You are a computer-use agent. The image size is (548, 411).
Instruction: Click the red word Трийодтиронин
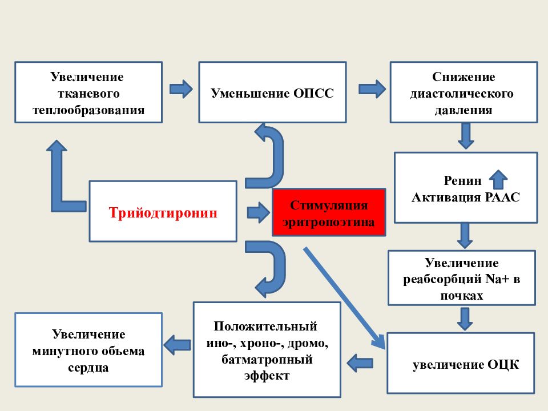click(163, 212)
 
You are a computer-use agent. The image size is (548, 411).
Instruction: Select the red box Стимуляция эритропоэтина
click(329, 212)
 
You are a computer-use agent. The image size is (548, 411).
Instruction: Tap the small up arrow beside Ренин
click(498, 180)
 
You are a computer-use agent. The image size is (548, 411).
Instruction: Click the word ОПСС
click(313, 93)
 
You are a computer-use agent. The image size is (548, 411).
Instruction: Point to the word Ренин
click(462, 180)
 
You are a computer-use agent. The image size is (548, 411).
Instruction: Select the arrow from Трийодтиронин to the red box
click(259, 212)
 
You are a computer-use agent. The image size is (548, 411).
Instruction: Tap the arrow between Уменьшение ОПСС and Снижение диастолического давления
click(372, 89)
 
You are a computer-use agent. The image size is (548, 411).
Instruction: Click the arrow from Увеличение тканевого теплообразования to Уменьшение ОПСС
click(181, 89)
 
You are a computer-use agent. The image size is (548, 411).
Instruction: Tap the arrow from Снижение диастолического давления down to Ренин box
click(466, 136)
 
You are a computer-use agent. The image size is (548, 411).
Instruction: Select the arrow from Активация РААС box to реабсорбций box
click(465, 236)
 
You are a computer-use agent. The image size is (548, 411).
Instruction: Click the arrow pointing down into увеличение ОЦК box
click(465, 319)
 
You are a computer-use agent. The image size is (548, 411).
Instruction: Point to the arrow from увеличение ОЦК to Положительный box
click(360, 363)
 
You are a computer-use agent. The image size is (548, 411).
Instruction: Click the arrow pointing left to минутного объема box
click(177, 345)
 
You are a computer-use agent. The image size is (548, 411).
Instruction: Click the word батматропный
click(267, 359)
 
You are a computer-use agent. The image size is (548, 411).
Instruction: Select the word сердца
click(88, 368)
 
